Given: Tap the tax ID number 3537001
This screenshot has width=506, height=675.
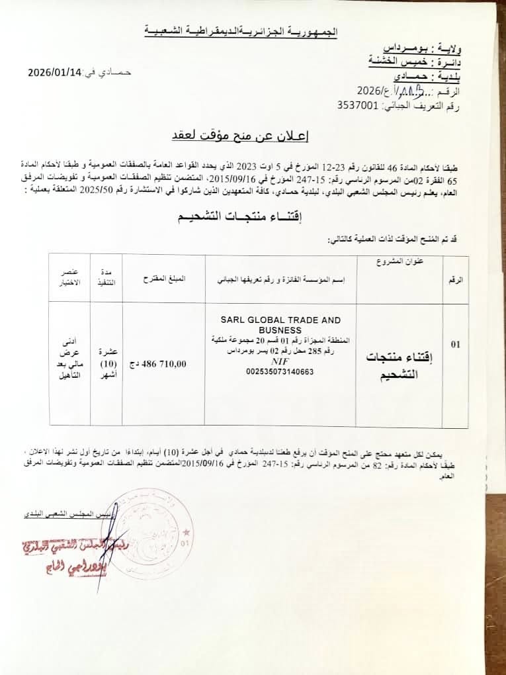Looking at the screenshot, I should (358, 105).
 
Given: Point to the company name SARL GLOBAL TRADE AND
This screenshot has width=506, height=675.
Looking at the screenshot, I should (280, 319).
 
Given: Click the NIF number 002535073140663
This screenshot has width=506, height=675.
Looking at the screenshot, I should (280, 372).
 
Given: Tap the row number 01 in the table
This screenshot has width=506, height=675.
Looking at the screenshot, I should (455, 344).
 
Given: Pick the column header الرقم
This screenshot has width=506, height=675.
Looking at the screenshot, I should (456, 280).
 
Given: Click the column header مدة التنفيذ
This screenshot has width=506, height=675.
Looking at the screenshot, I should (106, 278).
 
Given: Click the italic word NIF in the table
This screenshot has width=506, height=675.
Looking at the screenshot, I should (280, 362).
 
